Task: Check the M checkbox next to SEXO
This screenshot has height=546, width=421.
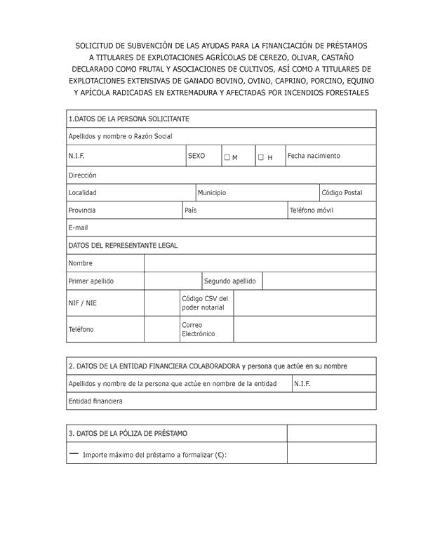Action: pyautogui.click(x=227, y=157)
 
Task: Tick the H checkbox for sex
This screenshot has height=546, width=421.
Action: pyautogui.click(x=260, y=157)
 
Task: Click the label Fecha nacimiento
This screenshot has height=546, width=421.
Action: pyautogui.click(x=313, y=156)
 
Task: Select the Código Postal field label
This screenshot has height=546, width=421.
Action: pyautogui.click(x=342, y=192)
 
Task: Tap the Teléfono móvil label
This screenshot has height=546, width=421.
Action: pyautogui.click(x=311, y=210)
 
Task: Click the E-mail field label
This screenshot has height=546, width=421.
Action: pyautogui.click(x=78, y=227)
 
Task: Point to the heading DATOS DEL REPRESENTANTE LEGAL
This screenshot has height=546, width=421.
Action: pyautogui.click(x=123, y=246)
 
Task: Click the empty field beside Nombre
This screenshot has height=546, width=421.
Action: pyautogui.click(x=260, y=263)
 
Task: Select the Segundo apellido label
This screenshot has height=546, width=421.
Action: pyautogui.click(x=229, y=281)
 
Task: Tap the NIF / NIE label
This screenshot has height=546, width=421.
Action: pyautogui.click(x=82, y=303)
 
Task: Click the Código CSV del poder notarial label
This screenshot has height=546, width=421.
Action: pyautogui.click(x=204, y=303)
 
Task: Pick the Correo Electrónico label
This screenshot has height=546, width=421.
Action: pyautogui.click(x=198, y=329)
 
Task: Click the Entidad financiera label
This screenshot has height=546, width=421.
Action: pyautogui.click(x=95, y=401)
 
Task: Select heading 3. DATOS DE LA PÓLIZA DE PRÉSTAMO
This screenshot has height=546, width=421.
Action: pyautogui.click(x=128, y=434)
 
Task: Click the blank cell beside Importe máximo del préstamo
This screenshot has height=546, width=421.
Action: pyautogui.click(x=331, y=453)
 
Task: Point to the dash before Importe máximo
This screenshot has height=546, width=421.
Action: pyautogui.click(x=74, y=453)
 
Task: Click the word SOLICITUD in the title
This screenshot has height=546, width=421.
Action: pyautogui.click(x=98, y=46)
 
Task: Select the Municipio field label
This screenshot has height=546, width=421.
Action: pyautogui.click(x=212, y=192)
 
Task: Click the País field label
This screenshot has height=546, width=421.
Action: pyautogui.click(x=190, y=210)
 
